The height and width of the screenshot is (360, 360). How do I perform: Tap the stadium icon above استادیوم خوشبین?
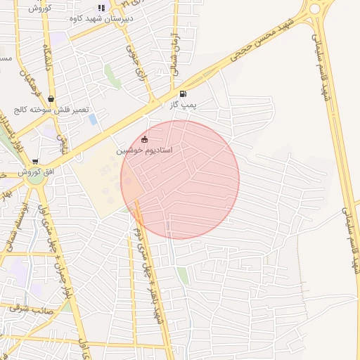145,139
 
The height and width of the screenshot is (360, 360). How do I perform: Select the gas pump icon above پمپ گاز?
183,94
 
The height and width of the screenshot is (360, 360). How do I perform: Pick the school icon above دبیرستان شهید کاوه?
101,8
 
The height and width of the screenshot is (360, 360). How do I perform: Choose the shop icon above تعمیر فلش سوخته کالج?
51,99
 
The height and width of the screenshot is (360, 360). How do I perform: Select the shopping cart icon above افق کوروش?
35,162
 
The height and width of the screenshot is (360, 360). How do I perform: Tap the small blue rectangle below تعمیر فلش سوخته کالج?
94,119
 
